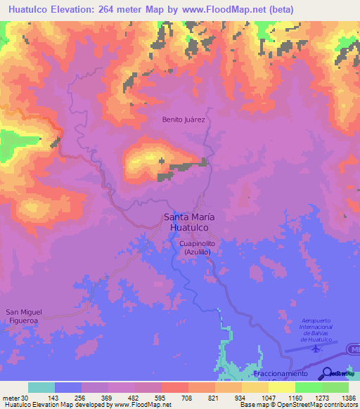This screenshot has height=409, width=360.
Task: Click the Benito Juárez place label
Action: (x=184, y=119)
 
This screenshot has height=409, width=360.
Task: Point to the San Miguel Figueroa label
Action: (x=25, y=316)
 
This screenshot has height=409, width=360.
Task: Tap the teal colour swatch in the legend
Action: (x=41, y=387)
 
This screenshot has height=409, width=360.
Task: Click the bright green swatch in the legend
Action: (x=308, y=387)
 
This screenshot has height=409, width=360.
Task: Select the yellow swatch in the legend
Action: (x=255, y=387)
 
